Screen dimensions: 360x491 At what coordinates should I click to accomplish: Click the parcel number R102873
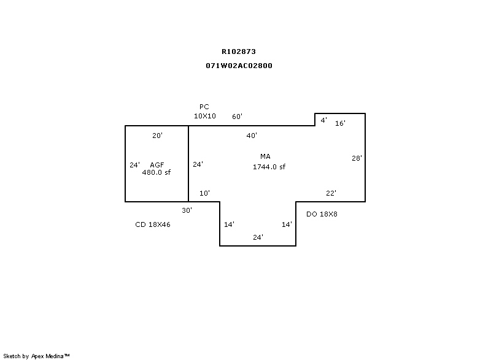pos(239,52)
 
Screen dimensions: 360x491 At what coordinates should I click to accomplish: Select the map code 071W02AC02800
pos(239,66)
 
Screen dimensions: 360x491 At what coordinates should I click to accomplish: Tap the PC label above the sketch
pos(204,107)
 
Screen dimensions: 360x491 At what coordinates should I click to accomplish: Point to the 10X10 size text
pos(204,116)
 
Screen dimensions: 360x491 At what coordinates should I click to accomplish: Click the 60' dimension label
pos(237,117)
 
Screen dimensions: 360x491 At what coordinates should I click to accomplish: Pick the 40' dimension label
pos(252,135)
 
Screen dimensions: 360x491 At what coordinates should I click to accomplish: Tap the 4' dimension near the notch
pos(323,120)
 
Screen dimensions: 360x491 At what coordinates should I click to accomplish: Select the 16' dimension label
pos(340,123)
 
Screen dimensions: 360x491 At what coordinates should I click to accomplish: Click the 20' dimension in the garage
pos(157,136)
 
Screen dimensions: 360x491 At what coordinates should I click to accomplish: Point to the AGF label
pos(157,165)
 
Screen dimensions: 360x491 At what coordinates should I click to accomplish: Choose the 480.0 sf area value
pos(156,173)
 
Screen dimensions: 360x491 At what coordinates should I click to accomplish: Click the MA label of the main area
pos(265,157)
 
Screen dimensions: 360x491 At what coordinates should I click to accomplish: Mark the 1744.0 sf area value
pos(269,167)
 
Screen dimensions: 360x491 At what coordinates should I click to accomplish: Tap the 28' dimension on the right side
pos(357,158)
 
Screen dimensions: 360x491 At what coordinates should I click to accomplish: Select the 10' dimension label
pos(204,193)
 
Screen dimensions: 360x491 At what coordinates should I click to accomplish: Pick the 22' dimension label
pos(331,193)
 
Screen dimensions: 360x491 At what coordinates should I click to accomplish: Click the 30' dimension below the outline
pos(187,210)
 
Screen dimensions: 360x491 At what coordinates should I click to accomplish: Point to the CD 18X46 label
pos(153,225)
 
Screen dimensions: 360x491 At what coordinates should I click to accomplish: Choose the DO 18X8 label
pos(322,214)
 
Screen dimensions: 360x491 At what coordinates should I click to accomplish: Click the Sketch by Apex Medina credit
pos(36,356)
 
